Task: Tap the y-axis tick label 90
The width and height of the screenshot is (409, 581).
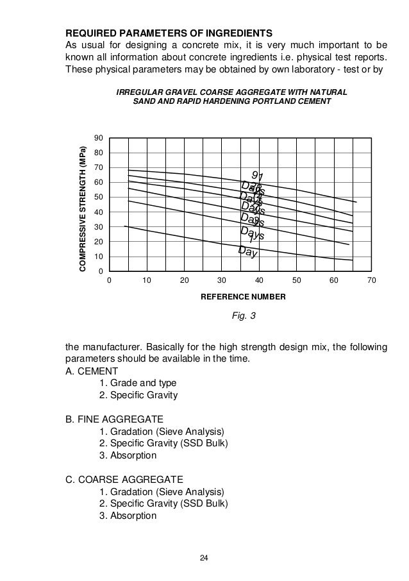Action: coord(98,139)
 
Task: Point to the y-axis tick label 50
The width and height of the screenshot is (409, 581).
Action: coord(98,198)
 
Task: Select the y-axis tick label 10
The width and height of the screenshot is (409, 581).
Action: coord(98,257)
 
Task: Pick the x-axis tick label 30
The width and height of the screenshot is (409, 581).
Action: coord(222,281)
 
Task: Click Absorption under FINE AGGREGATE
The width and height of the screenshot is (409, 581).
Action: coord(128,455)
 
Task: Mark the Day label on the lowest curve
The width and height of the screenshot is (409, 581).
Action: coord(247,252)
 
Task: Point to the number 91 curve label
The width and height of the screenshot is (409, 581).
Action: coord(257,176)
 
